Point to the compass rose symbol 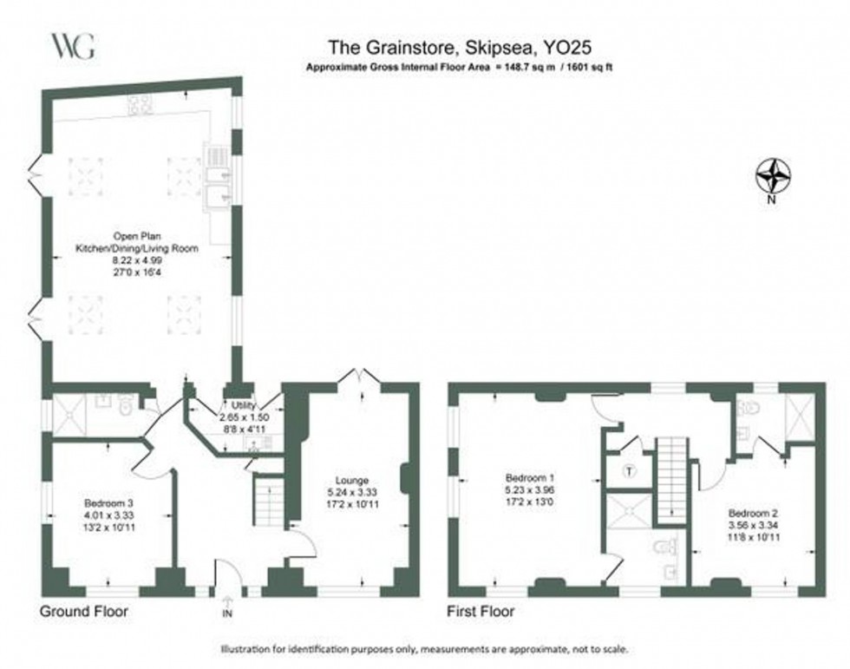(x=774, y=177)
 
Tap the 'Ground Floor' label (x=84, y=612)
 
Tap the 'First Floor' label (x=481, y=612)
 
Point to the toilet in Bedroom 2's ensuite (x=749, y=409)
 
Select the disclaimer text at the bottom (x=424, y=649)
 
